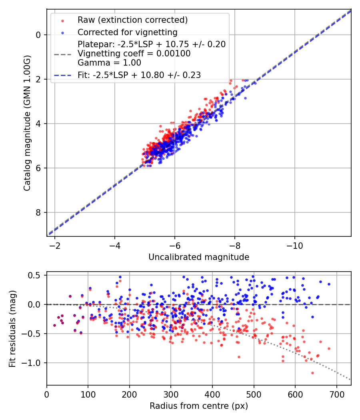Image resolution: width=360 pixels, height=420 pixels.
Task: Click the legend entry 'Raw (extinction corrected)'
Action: click(x=132, y=20)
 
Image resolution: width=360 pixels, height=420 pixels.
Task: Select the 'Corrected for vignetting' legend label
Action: click(x=128, y=32)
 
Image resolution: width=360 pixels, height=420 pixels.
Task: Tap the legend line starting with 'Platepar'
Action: click(x=152, y=44)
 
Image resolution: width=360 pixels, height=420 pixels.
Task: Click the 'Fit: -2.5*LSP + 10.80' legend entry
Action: click(x=139, y=75)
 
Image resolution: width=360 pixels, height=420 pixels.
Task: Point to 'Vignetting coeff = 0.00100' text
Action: click(x=134, y=54)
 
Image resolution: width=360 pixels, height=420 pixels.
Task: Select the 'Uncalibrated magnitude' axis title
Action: click(x=199, y=257)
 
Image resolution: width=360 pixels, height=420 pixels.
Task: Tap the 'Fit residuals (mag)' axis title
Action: click(x=12, y=328)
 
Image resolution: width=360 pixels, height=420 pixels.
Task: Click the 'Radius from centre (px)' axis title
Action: click(x=199, y=406)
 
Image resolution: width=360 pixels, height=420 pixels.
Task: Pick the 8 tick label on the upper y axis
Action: click(x=38, y=212)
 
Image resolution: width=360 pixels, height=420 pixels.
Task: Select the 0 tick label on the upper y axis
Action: click(x=38, y=35)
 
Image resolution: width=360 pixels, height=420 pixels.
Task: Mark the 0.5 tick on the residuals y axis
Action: click(x=37, y=275)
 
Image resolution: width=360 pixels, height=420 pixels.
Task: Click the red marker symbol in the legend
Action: click(x=62, y=20)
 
